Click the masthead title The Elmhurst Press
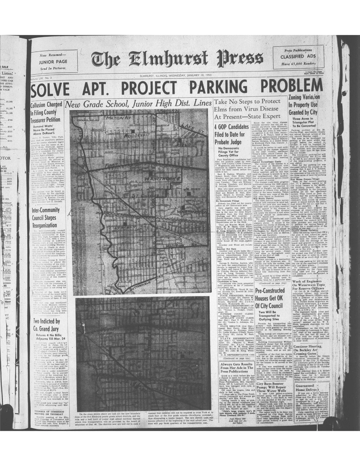coord(177,59)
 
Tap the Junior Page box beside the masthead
coord(53,62)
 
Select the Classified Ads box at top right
coord(298,57)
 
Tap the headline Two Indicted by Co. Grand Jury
coord(47,324)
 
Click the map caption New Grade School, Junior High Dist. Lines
coord(138,104)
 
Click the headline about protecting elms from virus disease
coord(247,109)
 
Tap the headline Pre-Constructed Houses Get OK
coord(269,298)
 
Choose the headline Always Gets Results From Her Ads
coord(237,368)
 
